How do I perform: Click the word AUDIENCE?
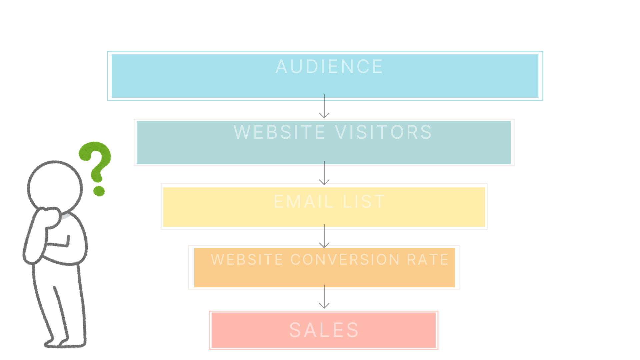[329, 67]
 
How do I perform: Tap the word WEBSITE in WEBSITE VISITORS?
[279, 132]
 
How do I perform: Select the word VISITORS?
[383, 132]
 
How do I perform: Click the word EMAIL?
[303, 202]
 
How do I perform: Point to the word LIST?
[364, 202]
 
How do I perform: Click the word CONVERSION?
[345, 260]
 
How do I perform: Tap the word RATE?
[428, 260]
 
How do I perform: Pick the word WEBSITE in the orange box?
[247, 260]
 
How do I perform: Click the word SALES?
[324, 330]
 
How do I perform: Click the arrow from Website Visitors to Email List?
[324, 173]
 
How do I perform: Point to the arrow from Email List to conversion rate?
[324, 236]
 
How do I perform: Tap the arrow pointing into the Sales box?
[324, 297]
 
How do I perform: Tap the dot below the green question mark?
[99, 191]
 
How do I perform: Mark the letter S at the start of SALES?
[295, 330]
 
